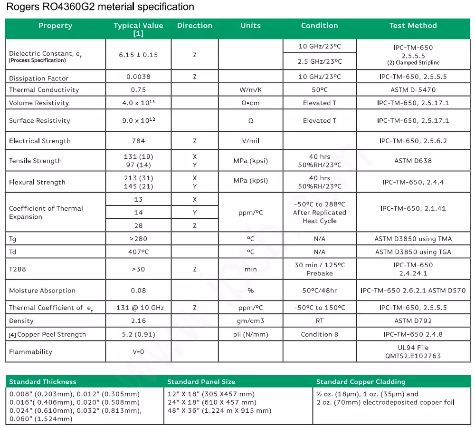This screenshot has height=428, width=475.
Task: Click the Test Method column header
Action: [413, 26]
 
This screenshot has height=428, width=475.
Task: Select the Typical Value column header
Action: [138, 29]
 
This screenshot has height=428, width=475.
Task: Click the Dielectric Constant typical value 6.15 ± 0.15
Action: [138, 55]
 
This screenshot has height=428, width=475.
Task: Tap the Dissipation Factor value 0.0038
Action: [138, 77]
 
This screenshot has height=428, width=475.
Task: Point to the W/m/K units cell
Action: [250, 90]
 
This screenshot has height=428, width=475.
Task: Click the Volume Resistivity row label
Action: [39, 103]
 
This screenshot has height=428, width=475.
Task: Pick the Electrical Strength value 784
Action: [138, 141]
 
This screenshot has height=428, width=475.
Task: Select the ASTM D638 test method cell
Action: [413, 161]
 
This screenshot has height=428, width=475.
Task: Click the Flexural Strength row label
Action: [37, 182]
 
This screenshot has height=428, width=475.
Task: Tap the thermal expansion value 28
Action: [138, 225]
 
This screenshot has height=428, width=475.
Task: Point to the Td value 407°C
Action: [138, 252]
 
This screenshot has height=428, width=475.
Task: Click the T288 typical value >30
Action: [138, 269]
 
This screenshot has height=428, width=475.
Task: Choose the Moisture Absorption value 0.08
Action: [138, 291]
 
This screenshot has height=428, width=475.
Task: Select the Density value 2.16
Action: [138, 321]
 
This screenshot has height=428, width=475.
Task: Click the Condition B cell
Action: [319, 334]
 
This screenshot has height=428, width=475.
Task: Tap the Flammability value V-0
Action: [138, 352]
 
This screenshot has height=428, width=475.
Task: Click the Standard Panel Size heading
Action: [201, 382]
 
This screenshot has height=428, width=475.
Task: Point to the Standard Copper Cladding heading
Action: [361, 382]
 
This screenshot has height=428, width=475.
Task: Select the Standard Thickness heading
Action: [43, 382]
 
